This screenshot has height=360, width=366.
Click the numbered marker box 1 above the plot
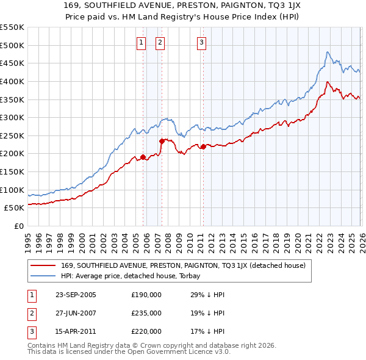(141, 43)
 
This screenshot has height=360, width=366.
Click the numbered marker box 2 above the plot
(160, 43)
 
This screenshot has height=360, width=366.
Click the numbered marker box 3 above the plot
(201, 43)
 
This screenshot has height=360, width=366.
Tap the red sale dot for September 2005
(143, 157)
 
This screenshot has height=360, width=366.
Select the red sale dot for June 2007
(162, 141)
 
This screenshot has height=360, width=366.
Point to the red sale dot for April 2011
(203, 146)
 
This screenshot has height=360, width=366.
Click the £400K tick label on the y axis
(12, 81)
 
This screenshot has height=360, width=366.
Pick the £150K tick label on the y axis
(12, 171)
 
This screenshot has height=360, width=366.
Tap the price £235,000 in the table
(146, 313)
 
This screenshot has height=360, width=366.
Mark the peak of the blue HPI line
(328, 52)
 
